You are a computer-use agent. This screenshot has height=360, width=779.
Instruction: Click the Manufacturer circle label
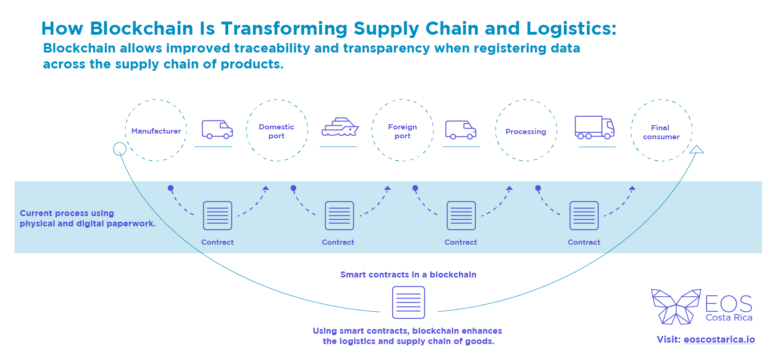pos(156,131)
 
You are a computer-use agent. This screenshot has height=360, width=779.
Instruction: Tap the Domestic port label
pos(277,131)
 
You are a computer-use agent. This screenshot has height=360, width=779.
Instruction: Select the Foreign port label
pos(402,131)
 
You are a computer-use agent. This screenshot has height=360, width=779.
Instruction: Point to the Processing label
pos(526,131)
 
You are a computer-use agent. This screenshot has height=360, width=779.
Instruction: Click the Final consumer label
pos(661,132)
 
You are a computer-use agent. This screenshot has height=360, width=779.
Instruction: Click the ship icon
pos(340,127)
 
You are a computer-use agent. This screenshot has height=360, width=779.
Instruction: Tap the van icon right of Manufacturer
pos(217,130)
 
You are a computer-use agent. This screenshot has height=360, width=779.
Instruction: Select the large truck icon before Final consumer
pos(594,127)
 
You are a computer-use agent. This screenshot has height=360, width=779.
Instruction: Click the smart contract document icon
pos(408,302)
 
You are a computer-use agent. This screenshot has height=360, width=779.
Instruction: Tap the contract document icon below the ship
pos(339,216)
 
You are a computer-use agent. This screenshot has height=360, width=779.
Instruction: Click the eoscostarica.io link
pos(719,340)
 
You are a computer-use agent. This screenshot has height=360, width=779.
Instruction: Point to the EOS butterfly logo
pos(676,307)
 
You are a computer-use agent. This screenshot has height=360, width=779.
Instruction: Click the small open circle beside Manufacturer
pos(120,149)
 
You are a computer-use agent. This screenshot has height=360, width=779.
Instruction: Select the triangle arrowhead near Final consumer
pos(697,149)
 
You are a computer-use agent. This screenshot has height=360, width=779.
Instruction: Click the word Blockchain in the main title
pos(142,28)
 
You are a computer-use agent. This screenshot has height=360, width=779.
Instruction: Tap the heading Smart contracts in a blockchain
pos(408,275)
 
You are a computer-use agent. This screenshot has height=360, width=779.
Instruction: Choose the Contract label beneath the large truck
pos(584,242)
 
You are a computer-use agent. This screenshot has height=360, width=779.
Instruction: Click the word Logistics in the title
pos(571,29)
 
